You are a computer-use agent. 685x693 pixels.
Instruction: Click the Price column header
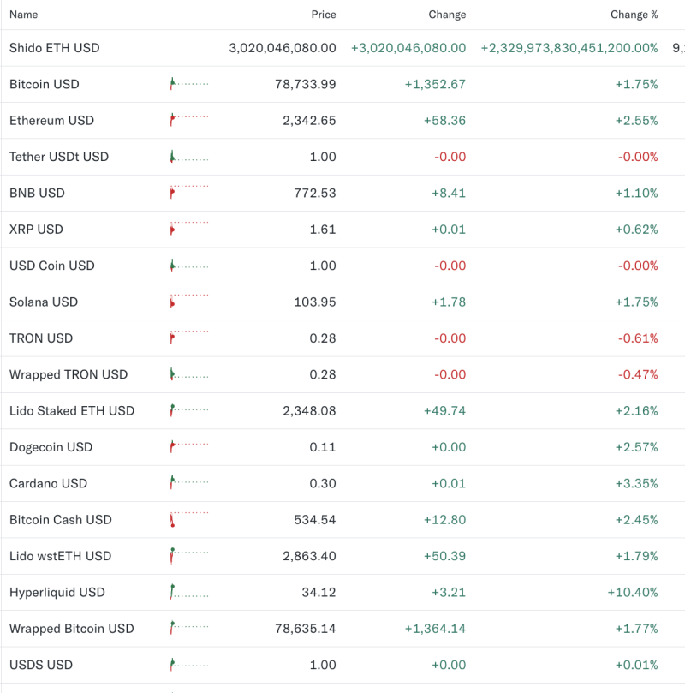(324, 15)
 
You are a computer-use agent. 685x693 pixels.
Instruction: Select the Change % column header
(634, 15)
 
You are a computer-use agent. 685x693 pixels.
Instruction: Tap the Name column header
(23, 15)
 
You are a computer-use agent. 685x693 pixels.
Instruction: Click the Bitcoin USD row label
(44, 84)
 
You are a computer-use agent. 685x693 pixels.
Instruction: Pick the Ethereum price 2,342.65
(309, 121)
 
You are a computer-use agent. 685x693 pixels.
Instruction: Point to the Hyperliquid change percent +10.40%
(633, 592)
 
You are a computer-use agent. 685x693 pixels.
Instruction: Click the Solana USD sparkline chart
(189, 302)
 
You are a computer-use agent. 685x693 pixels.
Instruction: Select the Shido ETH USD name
(54, 48)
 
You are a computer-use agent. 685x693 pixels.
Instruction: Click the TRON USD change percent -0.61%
(638, 338)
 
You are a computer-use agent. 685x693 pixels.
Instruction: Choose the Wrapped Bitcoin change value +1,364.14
(435, 629)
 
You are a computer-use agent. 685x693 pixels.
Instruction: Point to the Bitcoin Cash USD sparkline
(189, 519)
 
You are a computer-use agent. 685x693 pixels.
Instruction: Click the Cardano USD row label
(48, 483)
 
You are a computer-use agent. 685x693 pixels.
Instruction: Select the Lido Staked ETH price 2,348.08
(309, 411)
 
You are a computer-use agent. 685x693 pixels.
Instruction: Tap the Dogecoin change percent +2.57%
(636, 447)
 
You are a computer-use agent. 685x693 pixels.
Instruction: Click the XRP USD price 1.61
(322, 230)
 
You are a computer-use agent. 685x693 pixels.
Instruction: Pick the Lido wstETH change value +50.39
(444, 556)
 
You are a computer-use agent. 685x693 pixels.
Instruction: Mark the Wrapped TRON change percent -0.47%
(638, 374)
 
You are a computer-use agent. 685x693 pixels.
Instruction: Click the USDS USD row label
(41, 665)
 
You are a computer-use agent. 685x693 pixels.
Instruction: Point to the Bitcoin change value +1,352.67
(435, 84)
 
